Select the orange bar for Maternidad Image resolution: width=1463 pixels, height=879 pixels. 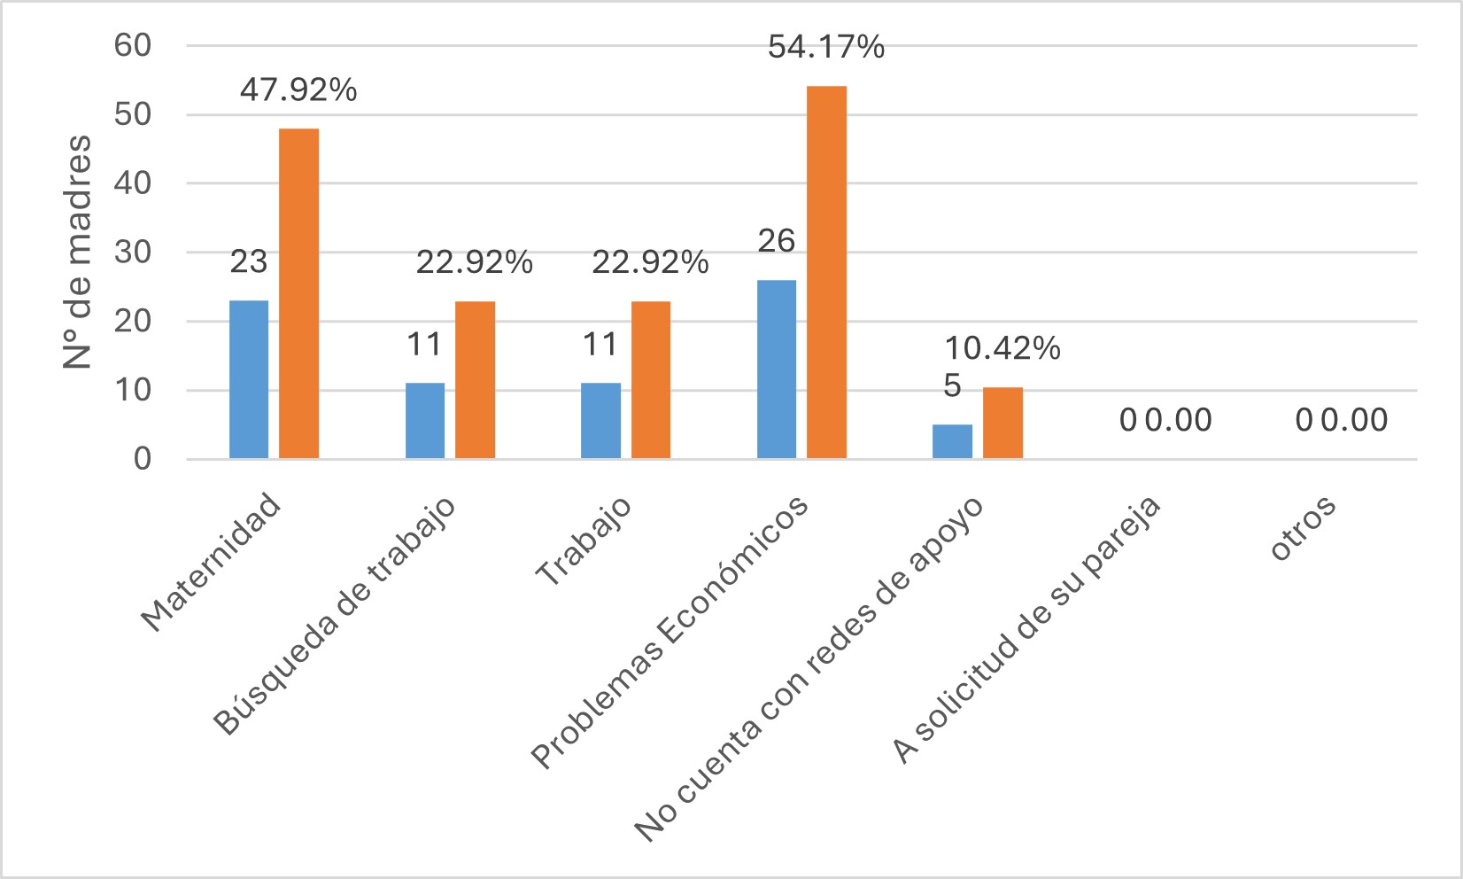298,293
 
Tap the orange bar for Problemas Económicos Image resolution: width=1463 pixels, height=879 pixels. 826,272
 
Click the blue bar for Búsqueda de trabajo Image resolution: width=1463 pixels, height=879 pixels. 425,420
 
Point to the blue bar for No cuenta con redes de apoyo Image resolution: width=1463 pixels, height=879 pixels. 952,441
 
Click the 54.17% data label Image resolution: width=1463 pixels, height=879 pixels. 825,47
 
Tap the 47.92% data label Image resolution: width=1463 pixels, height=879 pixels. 298,90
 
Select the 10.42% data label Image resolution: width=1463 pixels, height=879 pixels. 1002,349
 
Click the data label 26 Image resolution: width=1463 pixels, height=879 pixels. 777,241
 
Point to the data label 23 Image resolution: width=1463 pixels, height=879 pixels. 249,262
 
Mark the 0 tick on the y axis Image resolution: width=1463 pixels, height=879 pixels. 143,459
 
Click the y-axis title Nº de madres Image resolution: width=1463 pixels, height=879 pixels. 78,252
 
